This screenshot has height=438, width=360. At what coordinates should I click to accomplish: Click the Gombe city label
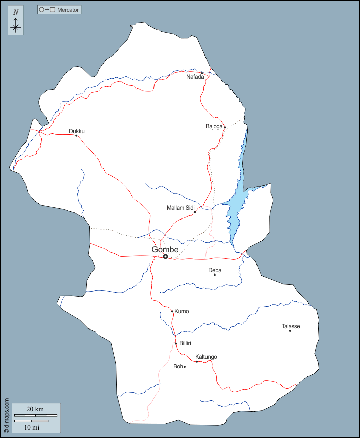click(x=165, y=249)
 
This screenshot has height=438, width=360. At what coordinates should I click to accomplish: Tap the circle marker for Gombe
click(x=165, y=257)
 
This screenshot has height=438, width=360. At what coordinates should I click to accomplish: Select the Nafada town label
click(x=195, y=77)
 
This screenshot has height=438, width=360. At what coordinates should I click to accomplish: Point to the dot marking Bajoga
click(x=225, y=127)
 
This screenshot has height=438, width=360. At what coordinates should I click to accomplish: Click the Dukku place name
click(x=77, y=131)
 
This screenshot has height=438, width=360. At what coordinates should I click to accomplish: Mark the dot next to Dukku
click(x=76, y=136)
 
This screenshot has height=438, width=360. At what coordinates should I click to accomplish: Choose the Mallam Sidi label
click(x=180, y=207)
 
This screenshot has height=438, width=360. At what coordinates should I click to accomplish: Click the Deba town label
click(x=215, y=270)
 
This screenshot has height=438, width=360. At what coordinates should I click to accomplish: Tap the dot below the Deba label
click(x=215, y=275)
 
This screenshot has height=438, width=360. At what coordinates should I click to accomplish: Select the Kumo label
click(x=181, y=311)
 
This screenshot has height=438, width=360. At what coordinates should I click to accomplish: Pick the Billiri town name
click(x=185, y=343)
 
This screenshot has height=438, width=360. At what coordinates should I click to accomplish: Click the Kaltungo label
click(x=206, y=357)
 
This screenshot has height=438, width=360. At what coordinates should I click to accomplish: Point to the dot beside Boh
click(x=185, y=367)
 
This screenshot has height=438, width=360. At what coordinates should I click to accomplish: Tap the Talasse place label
click(x=291, y=326)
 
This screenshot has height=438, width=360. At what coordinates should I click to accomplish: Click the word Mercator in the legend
click(x=68, y=10)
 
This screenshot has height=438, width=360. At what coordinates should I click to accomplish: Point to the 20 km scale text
click(x=35, y=409)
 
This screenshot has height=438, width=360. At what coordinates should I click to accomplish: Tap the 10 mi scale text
click(x=31, y=427)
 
